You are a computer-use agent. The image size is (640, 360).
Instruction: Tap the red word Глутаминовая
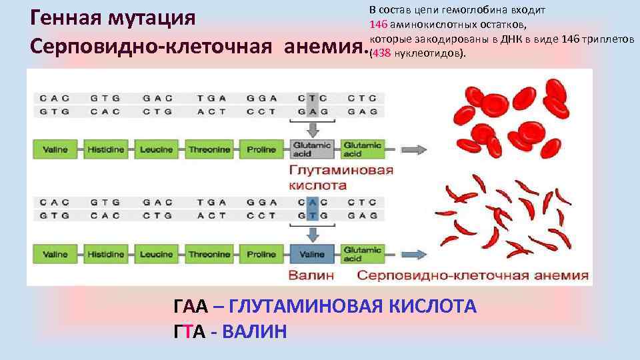(x=341, y=170)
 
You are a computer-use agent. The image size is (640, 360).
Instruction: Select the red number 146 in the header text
(x=378, y=25)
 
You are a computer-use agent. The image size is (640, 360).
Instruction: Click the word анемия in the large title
(x=322, y=47)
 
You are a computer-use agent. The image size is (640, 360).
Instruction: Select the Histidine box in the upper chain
(x=106, y=149)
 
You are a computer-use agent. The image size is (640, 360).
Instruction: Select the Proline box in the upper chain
(x=261, y=149)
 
